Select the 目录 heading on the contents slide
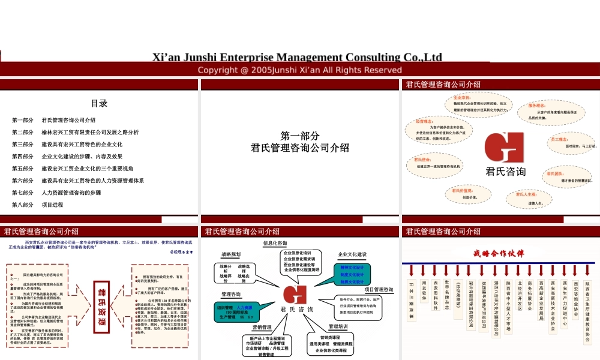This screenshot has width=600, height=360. click(99, 103)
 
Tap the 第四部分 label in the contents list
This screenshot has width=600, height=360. click(23, 157)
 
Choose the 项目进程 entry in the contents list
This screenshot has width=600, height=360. click(52, 205)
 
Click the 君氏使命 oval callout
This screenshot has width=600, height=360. click(437, 163)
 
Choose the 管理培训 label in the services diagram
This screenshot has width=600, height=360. click(338, 326)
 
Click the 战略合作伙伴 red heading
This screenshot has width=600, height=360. click(499, 253)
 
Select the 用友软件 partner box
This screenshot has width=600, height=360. click(424, 290)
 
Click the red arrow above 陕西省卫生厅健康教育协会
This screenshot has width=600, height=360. click(587, 271)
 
